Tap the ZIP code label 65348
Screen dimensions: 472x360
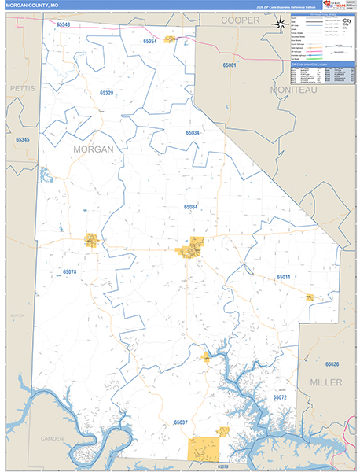(x=63, y=24)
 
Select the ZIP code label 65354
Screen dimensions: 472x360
(x=150, y=41)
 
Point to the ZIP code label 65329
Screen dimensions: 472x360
(x=107, y=93)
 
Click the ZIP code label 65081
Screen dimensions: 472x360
(x=230, y=65)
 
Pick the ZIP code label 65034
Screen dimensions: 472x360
(x=191, y=133)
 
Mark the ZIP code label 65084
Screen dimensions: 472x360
(x=191, y=207)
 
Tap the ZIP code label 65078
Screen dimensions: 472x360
(x=70, y=271)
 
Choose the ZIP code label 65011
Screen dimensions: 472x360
(x=283, y=277)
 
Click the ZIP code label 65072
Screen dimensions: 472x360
(x=280, y=399)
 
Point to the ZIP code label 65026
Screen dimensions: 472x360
(x=332, y=364)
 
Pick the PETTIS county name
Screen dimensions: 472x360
(x=23, y=89)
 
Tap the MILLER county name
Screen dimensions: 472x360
(x=326, y=382)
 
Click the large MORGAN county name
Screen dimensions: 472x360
(x=93, y=149)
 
